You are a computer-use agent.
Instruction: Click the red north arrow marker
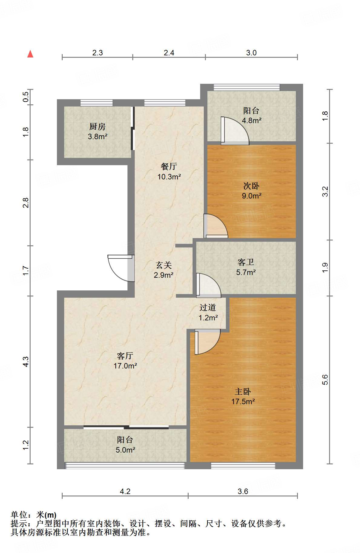(30, 54)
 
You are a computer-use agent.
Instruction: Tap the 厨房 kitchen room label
(97, 126)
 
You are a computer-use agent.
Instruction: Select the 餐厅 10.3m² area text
(169, 177)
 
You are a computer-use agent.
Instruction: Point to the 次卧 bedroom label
(251, 186)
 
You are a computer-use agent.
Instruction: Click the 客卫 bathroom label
(246, 262)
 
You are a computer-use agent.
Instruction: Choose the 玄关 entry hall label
(164, 265)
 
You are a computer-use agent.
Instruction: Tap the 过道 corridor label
(208, 308)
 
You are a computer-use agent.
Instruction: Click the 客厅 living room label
(125, 356)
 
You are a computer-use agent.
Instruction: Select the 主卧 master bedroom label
(243, 392)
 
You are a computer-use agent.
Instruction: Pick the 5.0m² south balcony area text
(125, 450)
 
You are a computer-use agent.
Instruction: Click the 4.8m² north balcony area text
(252, 120)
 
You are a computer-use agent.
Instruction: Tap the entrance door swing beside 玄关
(121, 268)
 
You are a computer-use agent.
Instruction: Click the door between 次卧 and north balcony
(235, 130)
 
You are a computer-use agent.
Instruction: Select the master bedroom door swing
(207, 342)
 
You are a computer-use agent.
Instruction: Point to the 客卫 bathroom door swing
(209, 285)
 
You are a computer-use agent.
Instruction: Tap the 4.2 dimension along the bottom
(125, 491)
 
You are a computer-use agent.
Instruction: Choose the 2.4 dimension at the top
(169, 53)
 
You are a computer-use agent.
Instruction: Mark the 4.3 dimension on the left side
(26, 362)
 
